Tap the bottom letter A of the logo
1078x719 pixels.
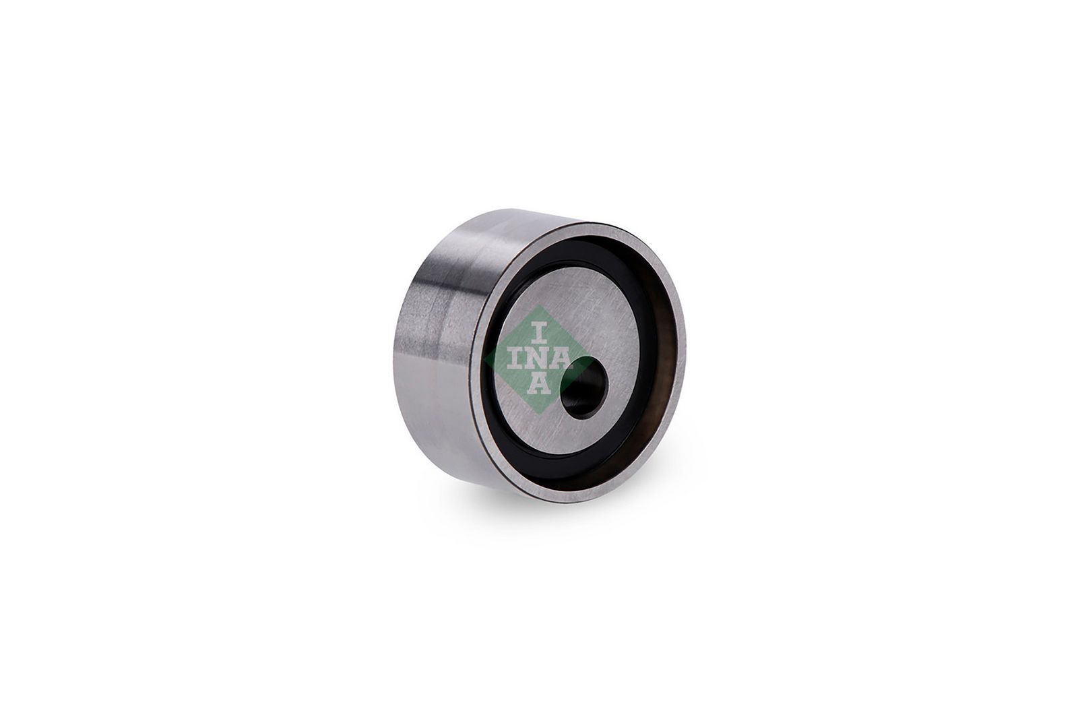tap(539, 383)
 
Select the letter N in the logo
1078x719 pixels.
tap(538, 358)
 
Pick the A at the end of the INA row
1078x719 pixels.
tap(562, 358)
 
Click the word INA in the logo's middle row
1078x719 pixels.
tap(538, 358)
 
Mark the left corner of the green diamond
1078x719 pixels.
tap(484, 359)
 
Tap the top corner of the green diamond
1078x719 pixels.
tap(539, 305)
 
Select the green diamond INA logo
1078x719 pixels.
tap(538, 359)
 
